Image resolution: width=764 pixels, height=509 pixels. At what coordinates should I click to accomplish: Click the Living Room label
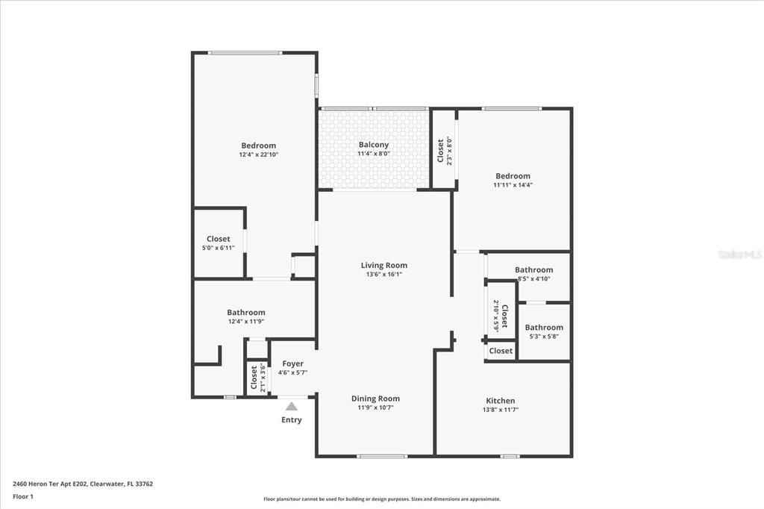coord(384,265)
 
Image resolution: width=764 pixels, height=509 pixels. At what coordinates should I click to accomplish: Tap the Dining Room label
coord(375,399)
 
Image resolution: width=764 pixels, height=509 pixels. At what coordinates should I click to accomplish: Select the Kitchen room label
coord(500,401)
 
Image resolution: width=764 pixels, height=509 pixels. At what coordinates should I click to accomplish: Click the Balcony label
coord(374,145)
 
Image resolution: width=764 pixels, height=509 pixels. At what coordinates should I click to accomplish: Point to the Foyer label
coord(292,363)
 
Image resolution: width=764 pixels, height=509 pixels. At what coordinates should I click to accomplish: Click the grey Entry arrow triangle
coord(292,406)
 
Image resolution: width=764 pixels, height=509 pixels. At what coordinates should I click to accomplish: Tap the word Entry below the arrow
coord(292,420)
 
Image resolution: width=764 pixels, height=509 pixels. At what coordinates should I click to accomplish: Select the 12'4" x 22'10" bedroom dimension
coord(258,154)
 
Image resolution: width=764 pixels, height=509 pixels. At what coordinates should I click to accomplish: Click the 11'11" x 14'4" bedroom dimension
coord(513,185)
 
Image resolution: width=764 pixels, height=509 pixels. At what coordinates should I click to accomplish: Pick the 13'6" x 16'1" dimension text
coord(384,274)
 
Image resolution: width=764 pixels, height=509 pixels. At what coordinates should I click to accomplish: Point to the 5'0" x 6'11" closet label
coord(219,248)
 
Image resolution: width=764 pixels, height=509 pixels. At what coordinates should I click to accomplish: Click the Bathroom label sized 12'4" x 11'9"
coord(246,313)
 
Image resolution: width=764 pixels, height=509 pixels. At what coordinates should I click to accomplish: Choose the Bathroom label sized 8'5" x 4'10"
coord(533,270)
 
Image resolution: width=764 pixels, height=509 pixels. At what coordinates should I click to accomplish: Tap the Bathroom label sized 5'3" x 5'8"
coord(544,328)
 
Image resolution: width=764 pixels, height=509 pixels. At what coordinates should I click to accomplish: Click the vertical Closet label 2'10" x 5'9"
coord(504,316)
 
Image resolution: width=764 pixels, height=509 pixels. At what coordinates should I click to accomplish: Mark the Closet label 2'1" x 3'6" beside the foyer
coord(254,377)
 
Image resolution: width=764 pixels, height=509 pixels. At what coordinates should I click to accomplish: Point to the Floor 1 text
coord(23,496)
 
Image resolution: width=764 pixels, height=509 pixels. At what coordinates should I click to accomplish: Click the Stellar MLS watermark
coord(740,254)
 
